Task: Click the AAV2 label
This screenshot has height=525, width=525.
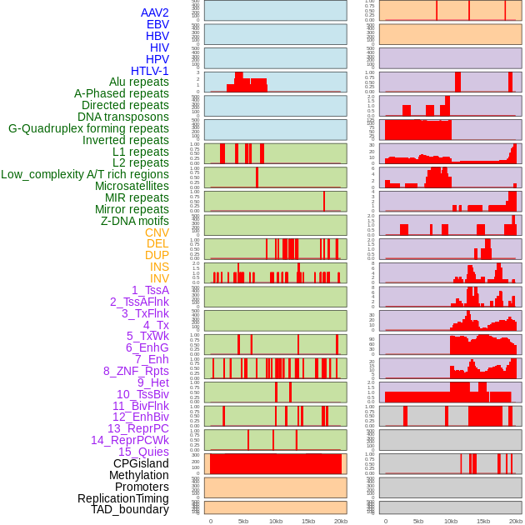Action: pos(155,12)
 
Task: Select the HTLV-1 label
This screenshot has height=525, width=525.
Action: pos(150,71)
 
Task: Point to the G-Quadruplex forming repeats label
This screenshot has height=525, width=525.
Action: pos(88,128)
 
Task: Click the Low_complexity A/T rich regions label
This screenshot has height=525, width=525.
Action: pos(85,174)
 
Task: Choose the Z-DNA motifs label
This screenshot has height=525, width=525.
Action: pos(135,221)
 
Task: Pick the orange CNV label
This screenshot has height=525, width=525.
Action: pos(157,232)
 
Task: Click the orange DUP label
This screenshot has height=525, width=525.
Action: pos(157,255)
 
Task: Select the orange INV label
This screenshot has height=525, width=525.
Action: pos(159,278)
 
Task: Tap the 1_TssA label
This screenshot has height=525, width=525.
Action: pos(150,290)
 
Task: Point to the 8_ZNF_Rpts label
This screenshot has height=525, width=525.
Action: pos(136,371)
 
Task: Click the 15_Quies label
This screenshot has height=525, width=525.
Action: pos(143,452)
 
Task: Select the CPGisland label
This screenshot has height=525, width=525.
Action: pos(141,463)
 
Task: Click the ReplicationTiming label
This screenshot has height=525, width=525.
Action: pos(122,498)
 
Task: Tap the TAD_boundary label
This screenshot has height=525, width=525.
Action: pos(130,509)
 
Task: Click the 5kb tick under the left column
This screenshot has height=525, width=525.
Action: pos(243,521)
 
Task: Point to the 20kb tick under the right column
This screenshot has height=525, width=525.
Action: pos(516,521)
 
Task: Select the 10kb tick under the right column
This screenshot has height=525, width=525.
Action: pos(451,521)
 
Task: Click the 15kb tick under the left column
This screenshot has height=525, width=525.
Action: pos(308,521)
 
